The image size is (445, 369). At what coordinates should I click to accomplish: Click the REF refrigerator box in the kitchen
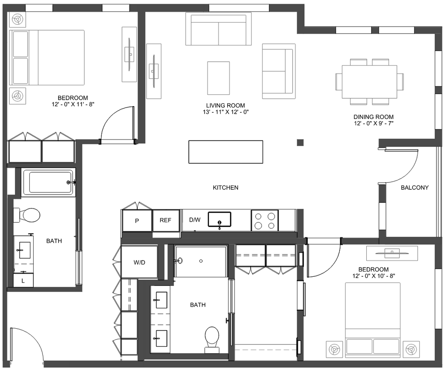(x=166, y=220)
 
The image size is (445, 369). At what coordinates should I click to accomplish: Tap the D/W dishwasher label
(x=195, y=220)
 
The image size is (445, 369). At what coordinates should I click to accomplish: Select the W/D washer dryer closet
(x=139, y=262)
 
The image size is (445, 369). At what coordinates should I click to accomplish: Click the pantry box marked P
(x=137, y=221)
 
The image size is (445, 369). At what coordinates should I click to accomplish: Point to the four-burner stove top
(x=264, y=220)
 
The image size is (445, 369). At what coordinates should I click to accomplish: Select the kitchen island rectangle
(x=226, y=152)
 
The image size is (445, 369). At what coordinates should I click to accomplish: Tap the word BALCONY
(x=414, y=188)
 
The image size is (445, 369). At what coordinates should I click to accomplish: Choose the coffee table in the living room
(x=218, y=78)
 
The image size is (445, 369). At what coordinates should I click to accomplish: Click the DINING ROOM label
(x=373, y=117)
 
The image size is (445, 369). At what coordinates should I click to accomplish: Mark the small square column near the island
(x=300, y=142)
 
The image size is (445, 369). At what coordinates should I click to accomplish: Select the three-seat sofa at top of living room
(x=219, y=29)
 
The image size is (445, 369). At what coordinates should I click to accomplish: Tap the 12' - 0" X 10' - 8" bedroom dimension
(x=373, y=276)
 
